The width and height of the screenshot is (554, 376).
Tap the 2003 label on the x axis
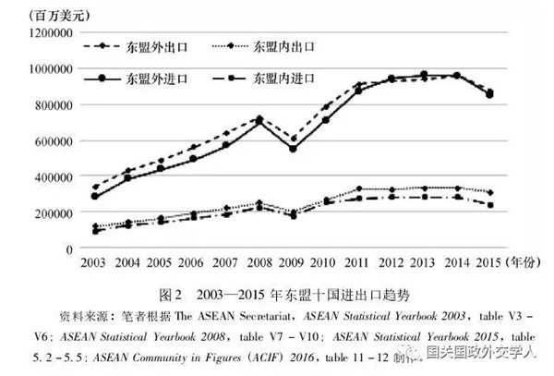[x=94, y=263]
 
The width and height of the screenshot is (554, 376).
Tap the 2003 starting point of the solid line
[x=94, y=196]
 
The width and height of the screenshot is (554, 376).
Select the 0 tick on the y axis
[x=68, y=249]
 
